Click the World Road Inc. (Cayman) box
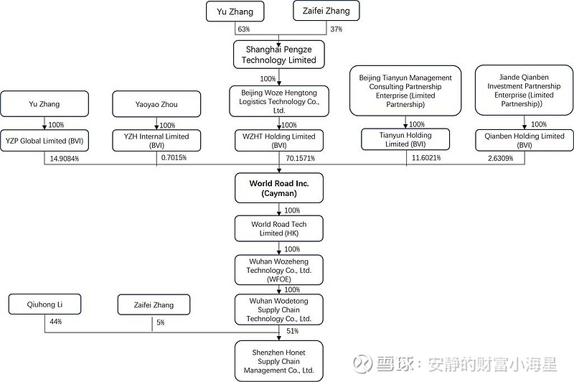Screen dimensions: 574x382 point(279,188)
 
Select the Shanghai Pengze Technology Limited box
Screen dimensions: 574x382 point(279,55)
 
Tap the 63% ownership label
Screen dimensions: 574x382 point(244,29)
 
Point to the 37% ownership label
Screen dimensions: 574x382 point(336,29)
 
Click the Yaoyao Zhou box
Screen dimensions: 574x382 point(156,104)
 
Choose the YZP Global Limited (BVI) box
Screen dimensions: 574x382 point(44,141)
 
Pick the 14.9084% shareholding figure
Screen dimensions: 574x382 point(65,159)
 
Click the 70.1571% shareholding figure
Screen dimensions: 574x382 point(300,158)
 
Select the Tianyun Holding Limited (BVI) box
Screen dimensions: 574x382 point(405,139)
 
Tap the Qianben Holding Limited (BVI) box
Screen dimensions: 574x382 point(524,140)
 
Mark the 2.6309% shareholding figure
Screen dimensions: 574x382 point(500,158)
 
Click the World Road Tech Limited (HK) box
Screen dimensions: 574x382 point(279,228)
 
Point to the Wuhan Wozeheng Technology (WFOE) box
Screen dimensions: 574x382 point(279,270)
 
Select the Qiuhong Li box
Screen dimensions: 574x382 point(44,304)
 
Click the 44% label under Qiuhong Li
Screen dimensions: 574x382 point(56,322)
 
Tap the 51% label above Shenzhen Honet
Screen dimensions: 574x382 point(293,331)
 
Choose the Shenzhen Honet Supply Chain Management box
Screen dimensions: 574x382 point(279,361)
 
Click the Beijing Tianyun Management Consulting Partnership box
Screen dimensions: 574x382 point(405,90)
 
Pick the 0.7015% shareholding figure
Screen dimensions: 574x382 point(174,158)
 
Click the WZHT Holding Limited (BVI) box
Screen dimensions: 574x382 point(279,141)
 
